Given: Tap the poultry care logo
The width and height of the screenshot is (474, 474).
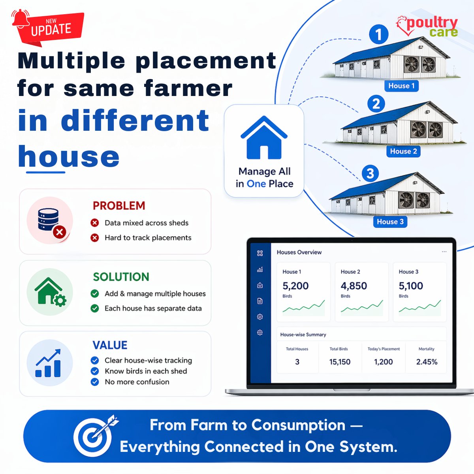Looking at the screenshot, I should [428, 27].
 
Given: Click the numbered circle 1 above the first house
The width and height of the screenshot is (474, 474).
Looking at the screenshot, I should [378, 34].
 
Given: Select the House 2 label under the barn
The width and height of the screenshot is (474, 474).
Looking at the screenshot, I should [403, 151].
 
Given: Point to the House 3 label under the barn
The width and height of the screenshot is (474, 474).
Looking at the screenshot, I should [390, 222].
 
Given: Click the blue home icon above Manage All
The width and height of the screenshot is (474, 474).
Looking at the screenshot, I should [264, 138].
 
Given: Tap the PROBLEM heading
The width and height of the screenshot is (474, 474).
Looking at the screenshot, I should [119, 206].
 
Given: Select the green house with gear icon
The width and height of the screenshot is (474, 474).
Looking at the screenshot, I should [50, 292].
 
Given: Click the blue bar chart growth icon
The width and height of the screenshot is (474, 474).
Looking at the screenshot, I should [48, 363].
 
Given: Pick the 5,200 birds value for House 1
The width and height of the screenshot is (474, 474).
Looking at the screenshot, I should [295, 286].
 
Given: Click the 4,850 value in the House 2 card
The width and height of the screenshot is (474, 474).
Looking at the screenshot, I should [354, 286].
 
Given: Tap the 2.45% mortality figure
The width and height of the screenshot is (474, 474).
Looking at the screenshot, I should [427, 362].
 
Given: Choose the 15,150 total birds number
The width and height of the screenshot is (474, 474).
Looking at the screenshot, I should [340, 362].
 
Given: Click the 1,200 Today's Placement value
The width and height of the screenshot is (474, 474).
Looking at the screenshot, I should [383, 362].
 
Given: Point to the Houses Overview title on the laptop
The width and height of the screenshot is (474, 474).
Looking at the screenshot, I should [299, 252].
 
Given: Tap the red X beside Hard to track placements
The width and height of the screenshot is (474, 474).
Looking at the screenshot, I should [95, 238].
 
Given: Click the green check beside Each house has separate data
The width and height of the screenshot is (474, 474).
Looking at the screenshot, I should [95, 308].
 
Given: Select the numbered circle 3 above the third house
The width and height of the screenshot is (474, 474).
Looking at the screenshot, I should [370, 174].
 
